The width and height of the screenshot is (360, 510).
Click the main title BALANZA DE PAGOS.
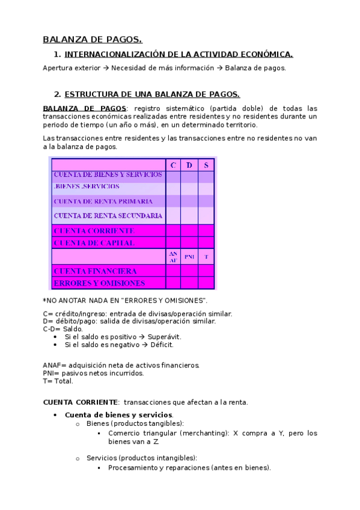coord(92,40)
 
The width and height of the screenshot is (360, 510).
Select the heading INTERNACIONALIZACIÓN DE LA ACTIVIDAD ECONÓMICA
coord(178,55)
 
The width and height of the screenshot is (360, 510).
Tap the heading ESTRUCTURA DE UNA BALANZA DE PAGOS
coord(151,94)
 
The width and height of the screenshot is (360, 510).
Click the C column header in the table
coord(173,165)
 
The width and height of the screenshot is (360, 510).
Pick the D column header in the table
coord(189,165)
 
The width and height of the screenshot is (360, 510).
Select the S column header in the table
coord(206,165)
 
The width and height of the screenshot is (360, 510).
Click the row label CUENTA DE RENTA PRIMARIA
coord(103,201)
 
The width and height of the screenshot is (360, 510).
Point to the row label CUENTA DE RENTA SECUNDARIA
coord(108,215)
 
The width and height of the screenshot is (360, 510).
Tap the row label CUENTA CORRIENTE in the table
coord(94,230)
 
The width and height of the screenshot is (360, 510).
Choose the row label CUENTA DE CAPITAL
coord(94,243)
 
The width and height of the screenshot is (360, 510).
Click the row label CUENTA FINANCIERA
coord(95,271)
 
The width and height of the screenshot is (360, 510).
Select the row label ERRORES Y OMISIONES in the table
coord(99,283)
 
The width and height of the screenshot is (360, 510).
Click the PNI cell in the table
coord(189,257)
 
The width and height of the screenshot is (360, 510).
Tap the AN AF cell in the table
coord(173,257)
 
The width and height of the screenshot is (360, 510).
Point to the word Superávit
coord(165,337)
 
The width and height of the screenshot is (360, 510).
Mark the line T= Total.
coord(58,381)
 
